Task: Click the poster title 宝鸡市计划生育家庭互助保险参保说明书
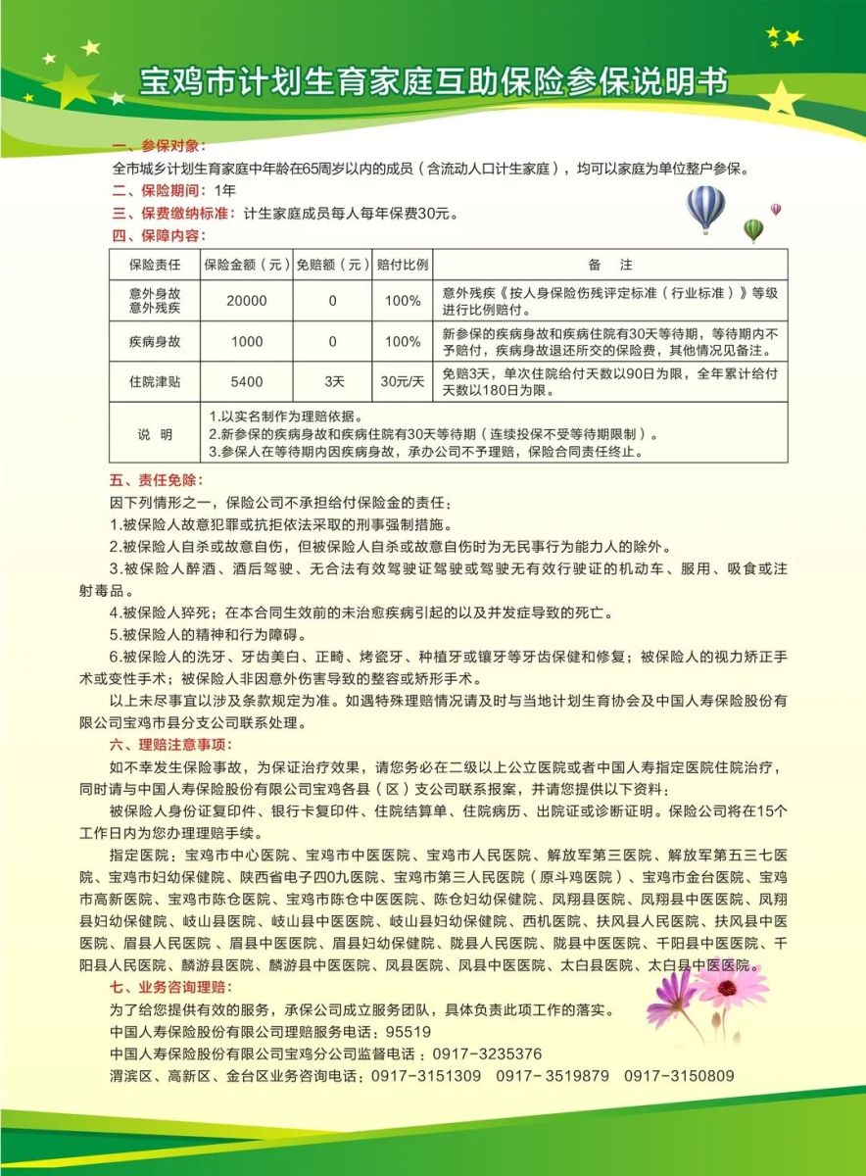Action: [x=434, y=81]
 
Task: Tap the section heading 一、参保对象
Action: [x=160, y=146]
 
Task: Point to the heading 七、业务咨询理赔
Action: [x=173, y=986]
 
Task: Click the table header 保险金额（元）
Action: [x=247, y=265]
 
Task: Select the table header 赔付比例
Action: [x=403, y=265]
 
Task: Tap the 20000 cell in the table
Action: [x=247, y=301]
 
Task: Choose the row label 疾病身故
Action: [x=155, y=341]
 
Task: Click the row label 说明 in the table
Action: [x=155, y=433]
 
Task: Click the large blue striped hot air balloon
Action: [x=705, y=208]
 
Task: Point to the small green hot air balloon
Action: [x=752, y=230]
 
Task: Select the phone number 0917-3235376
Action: [x=487, y=1053]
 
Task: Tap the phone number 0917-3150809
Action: [x=679, y=1076]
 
